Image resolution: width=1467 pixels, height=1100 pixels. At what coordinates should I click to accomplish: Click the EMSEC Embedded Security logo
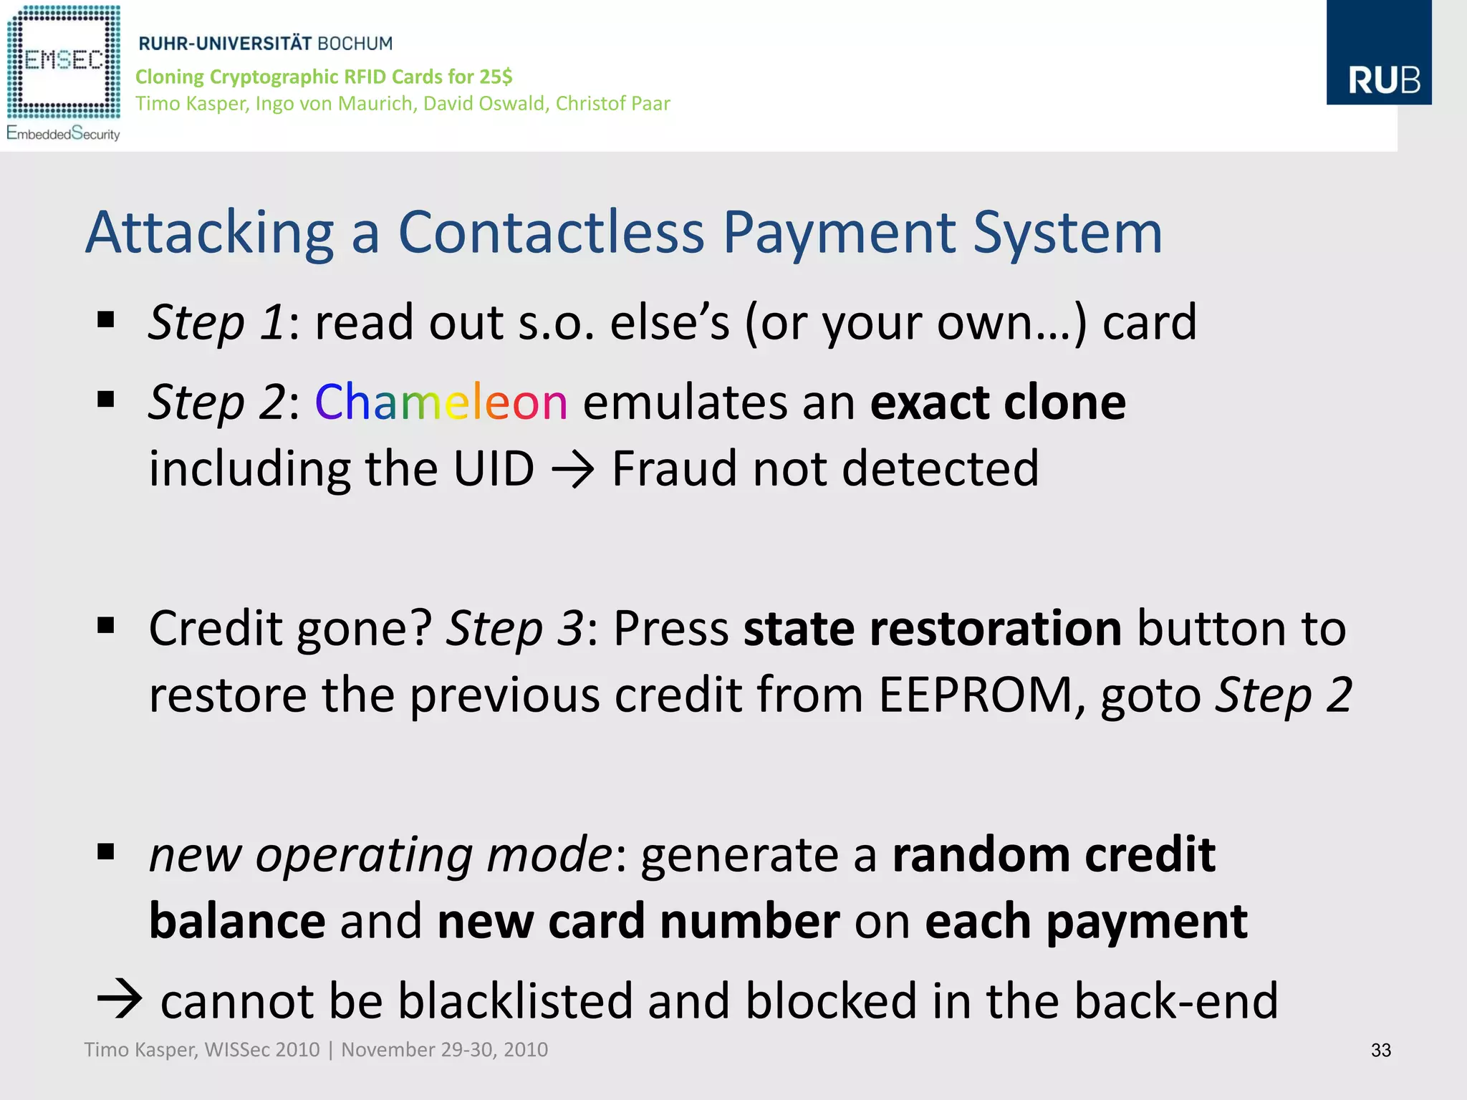coord(63,72)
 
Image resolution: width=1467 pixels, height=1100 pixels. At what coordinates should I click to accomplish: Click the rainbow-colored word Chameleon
coord(441,402)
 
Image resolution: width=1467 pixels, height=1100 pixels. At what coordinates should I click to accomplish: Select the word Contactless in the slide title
coord(551,233)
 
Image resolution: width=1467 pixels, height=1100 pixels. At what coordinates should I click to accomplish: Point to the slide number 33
coord(1380,1050)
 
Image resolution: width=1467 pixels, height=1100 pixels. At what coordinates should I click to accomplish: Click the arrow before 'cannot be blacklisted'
coord(120,999)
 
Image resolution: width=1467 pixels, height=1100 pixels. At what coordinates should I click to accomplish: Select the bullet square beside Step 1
coord(106,319)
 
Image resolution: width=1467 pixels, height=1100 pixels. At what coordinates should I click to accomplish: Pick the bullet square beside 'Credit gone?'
coord(106,626)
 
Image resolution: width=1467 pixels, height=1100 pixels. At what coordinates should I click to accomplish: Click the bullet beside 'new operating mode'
coord(106,851)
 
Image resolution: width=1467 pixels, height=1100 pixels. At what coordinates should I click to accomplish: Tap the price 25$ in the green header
coord(496,77)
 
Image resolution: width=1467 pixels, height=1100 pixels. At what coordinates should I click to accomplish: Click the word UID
coord(494,469)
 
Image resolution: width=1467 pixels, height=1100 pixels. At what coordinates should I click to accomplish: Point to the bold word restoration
coord(932,628)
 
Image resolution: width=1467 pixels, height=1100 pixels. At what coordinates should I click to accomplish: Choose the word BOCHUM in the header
coord(355,44)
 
